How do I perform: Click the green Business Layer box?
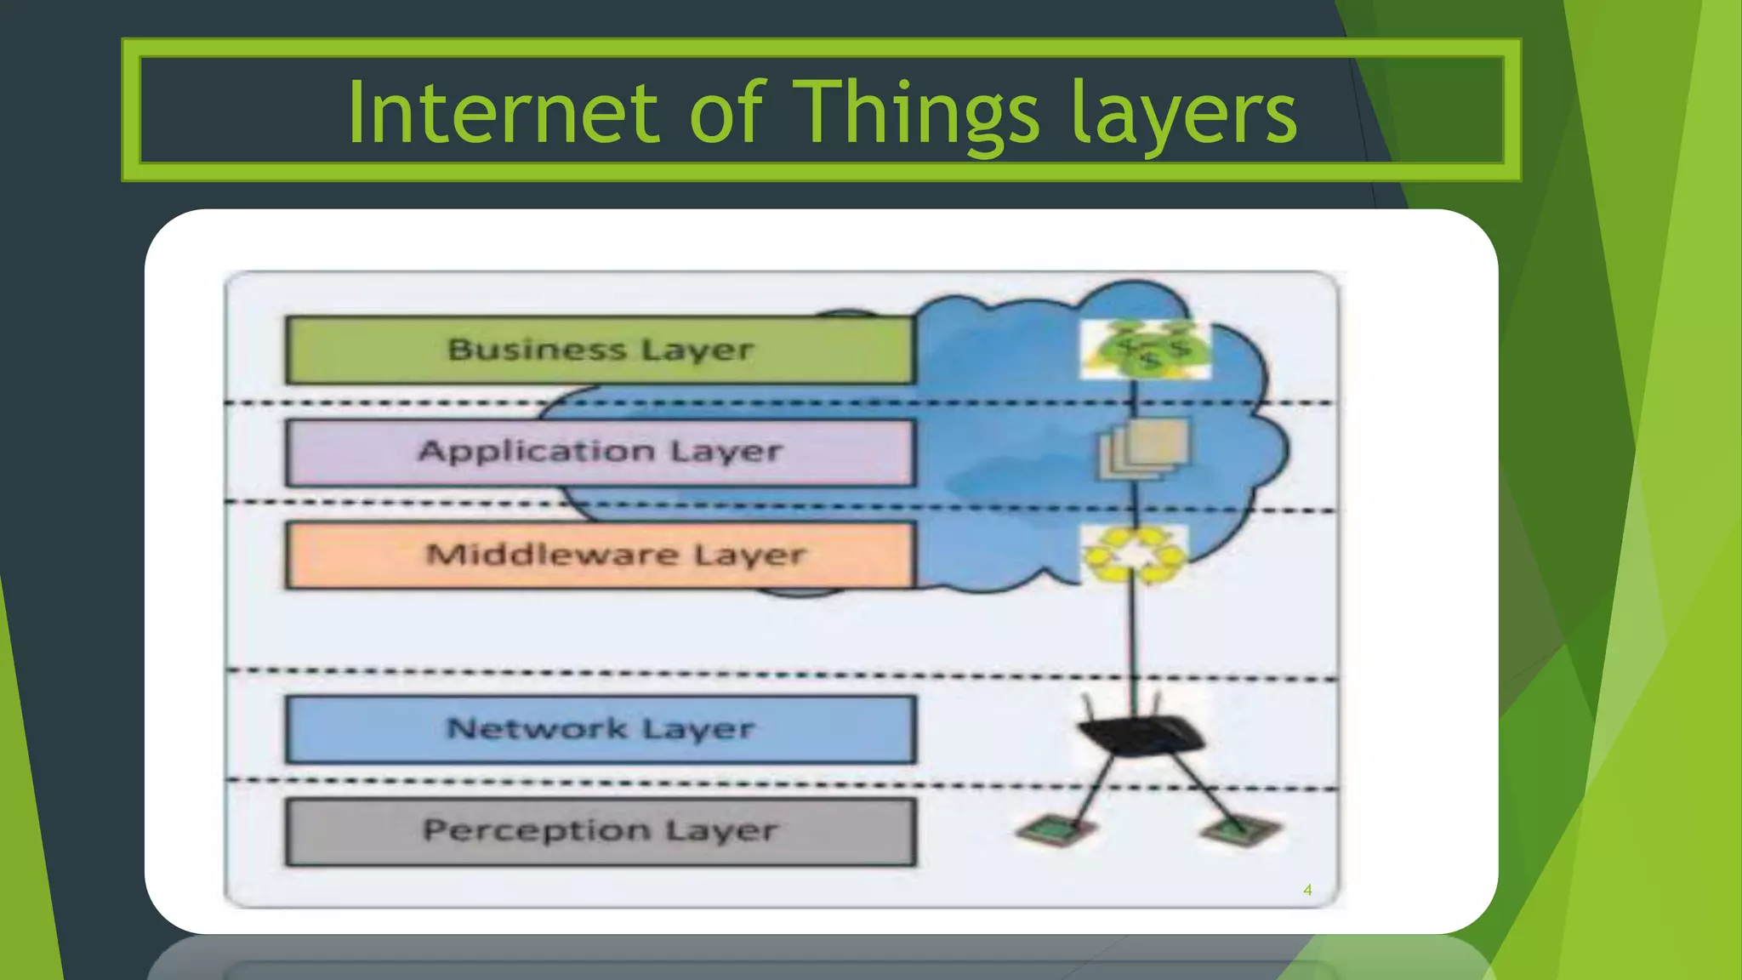point(600,350)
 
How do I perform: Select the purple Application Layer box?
point(600,452)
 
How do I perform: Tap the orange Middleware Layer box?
point(600,555)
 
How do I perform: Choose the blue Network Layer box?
point(600,729)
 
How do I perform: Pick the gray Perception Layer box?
point(600,831)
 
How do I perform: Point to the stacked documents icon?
point(1144,448)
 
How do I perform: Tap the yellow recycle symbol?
point(1134,555)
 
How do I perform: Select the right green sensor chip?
point(1240,829)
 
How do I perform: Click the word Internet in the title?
point(503,112)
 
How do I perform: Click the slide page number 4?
point(1307,890)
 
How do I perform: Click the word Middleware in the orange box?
point(552,555)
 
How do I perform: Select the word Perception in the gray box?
point(537,830)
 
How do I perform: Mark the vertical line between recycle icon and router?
point(1134,638)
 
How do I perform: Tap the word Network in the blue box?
point(537,729)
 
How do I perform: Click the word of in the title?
point(728,112)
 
